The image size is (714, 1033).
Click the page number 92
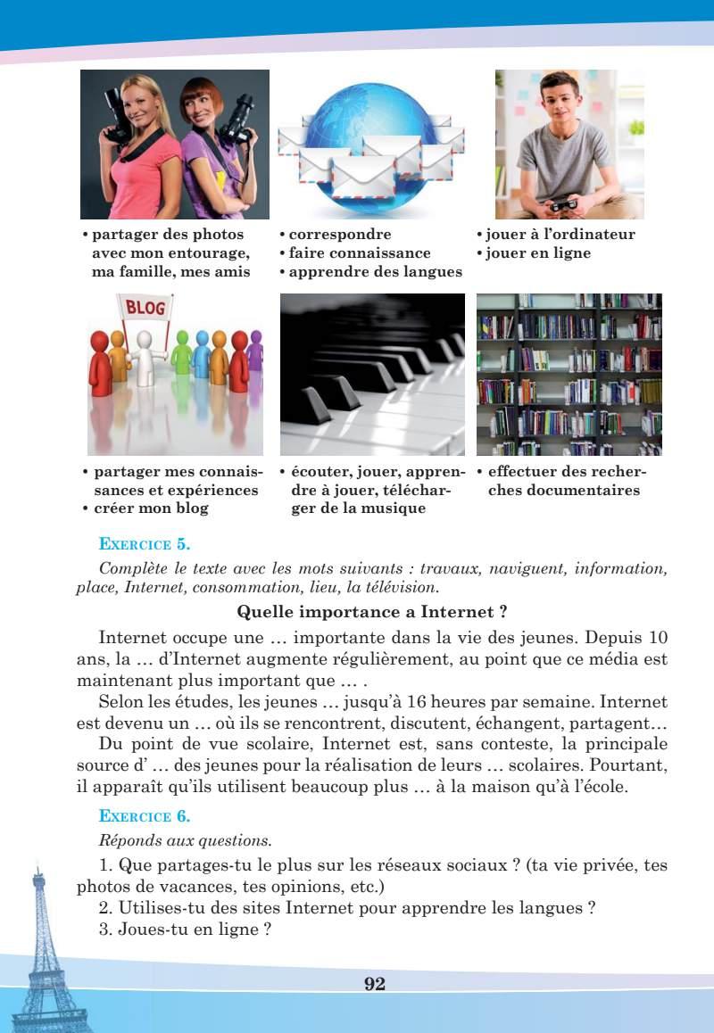[374, 983]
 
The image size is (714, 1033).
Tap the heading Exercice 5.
[145, 542]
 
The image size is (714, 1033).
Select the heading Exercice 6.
[145, 815]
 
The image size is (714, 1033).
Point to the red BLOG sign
[145, 309]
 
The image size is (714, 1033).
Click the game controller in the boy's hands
[564, 204]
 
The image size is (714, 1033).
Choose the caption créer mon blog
[151, 508]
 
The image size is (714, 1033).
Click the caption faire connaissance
[360, 253]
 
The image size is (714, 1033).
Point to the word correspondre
[340, 235]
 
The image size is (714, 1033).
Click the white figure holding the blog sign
[143, 357]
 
